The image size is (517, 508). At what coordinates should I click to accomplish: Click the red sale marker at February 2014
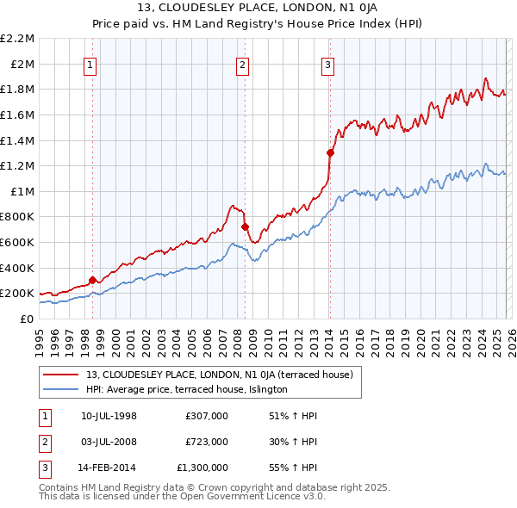[330, 152]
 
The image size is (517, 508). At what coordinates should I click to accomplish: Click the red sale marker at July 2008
[245, 226]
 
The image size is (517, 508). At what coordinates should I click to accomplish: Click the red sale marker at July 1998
[92, 279]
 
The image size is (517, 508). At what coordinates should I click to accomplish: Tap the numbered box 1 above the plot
[90, 65]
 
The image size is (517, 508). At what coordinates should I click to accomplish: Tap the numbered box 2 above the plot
[243, 65]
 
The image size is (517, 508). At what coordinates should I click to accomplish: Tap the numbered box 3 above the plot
[328, 65]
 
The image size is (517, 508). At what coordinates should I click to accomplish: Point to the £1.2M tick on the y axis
[19, 165]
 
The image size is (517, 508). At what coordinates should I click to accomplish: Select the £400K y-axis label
[19, 267]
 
